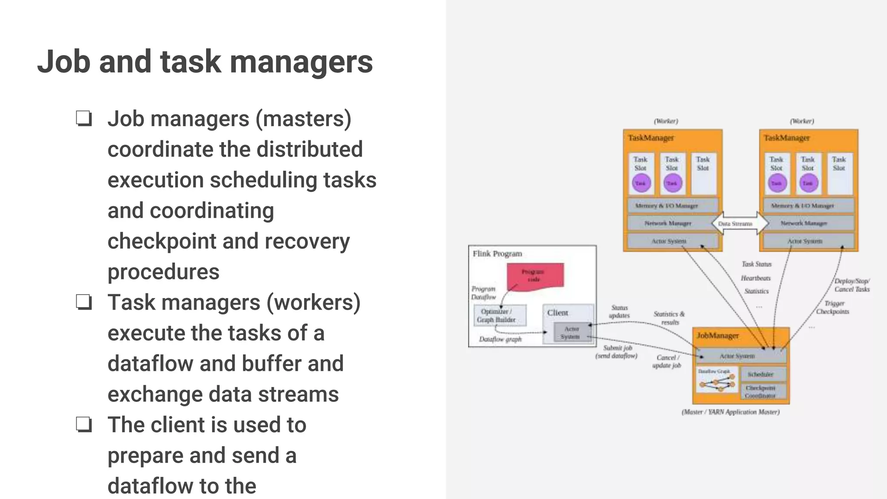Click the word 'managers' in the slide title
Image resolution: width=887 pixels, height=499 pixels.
[301, 62]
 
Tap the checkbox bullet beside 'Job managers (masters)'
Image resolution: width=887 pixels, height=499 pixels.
[84, 118]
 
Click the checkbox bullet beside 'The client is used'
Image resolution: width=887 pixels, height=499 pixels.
[84, 424]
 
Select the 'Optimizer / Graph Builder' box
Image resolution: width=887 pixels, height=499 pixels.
[500, 315]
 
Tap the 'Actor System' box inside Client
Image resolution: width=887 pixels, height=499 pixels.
[571, 333]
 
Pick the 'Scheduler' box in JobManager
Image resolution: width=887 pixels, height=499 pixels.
[763, 374]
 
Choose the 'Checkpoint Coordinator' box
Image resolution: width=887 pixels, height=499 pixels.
[763, 392]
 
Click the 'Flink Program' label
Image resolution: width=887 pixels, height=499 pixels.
[497, 253]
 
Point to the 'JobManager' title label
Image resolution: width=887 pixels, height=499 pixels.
[718, 336]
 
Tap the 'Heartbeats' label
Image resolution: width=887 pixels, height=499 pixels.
[756, 278]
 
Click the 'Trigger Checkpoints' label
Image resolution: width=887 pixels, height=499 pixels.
[833, 307]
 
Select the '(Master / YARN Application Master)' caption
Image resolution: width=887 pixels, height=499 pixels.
[731, 412]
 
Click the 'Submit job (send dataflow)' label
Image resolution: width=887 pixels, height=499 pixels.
[617, 352]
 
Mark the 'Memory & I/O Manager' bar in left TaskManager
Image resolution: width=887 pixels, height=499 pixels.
[673, 206]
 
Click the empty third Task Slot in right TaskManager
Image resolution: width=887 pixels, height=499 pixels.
[839, 173]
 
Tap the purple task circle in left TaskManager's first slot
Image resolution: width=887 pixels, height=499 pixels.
[641, 183]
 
